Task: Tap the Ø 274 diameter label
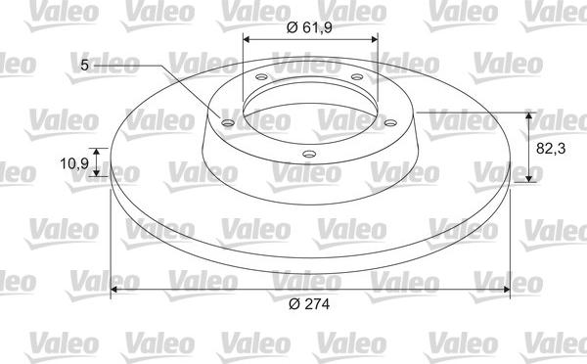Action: (x=309, y=305)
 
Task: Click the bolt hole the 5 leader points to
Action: (x=228, y=123)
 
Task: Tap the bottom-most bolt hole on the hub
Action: (x=310, y=154)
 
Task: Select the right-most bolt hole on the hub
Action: (x=389, y=122)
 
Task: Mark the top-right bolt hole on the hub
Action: (x=356, y=76)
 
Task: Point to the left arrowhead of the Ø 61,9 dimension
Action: (x=247, y=39)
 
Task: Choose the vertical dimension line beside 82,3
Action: (x=530, y=147)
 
